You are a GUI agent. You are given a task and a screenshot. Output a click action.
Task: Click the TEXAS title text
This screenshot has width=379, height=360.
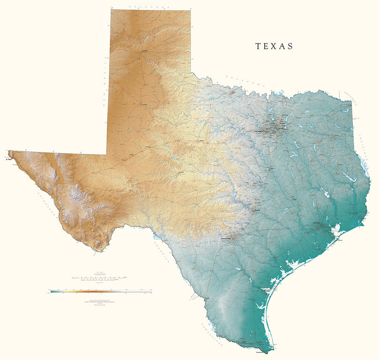coord(274,46)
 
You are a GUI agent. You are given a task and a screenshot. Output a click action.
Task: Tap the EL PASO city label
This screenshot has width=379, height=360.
coord(7,159)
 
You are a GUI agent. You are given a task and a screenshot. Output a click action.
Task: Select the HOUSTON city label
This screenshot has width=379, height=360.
coord(319,224)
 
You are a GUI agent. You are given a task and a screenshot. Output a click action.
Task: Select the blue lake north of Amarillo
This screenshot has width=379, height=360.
coord(146,37)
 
